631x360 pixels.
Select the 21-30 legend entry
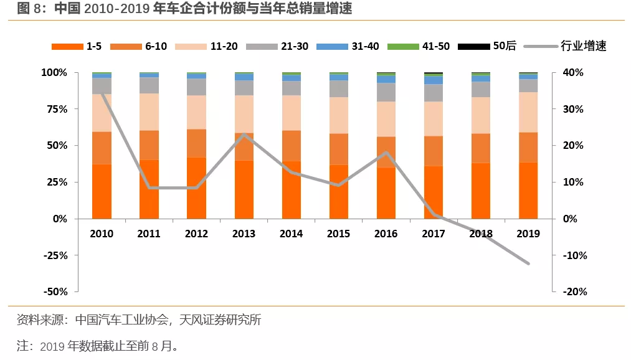click(277, 47)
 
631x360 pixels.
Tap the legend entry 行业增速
click(583, 47)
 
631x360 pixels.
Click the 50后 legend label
click(505, 47)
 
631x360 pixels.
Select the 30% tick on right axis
click(573, 109)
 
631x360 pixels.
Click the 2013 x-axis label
click(244, 234)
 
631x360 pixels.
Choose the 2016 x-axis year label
click(386, 234)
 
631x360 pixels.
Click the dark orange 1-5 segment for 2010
click(102, 191)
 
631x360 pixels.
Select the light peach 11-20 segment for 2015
click(339, 115)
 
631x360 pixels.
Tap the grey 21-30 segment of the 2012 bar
click(196, 87)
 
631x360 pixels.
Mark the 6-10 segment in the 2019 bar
click(528, 147)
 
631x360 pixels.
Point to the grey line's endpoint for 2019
click(528, 263)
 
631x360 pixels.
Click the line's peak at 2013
click(244, 135)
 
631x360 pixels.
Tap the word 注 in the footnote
click(24, 345)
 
